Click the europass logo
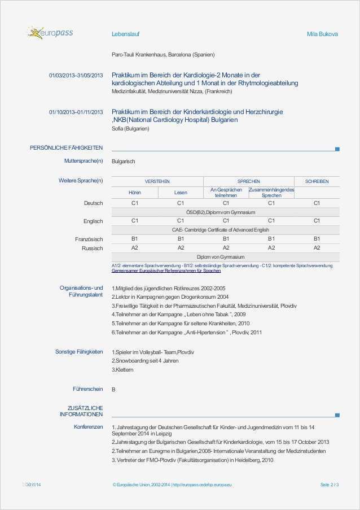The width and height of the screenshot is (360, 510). point(50,33)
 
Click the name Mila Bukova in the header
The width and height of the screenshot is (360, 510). point(322,34)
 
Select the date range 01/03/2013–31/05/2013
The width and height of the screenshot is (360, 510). point(76,75)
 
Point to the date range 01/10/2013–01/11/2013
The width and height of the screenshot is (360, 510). point(76,112)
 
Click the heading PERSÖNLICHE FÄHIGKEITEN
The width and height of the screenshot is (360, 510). point(66,148)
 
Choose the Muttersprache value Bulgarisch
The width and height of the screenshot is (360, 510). point(124,162)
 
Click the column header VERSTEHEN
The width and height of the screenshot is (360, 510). point(157,181)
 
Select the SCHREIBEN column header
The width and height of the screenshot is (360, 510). point(317,181)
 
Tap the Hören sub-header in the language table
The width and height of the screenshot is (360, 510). point(134,193)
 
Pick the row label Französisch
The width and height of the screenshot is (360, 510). point(89,239)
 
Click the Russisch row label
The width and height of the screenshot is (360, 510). point(92,248)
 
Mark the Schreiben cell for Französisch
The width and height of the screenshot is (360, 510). point(317,239)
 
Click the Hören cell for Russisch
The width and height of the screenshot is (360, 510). point(134,247)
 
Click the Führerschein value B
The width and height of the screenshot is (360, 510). point(113,389)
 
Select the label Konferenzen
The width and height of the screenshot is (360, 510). point(88,427)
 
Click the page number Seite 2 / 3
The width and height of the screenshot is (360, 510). point(330,485)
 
